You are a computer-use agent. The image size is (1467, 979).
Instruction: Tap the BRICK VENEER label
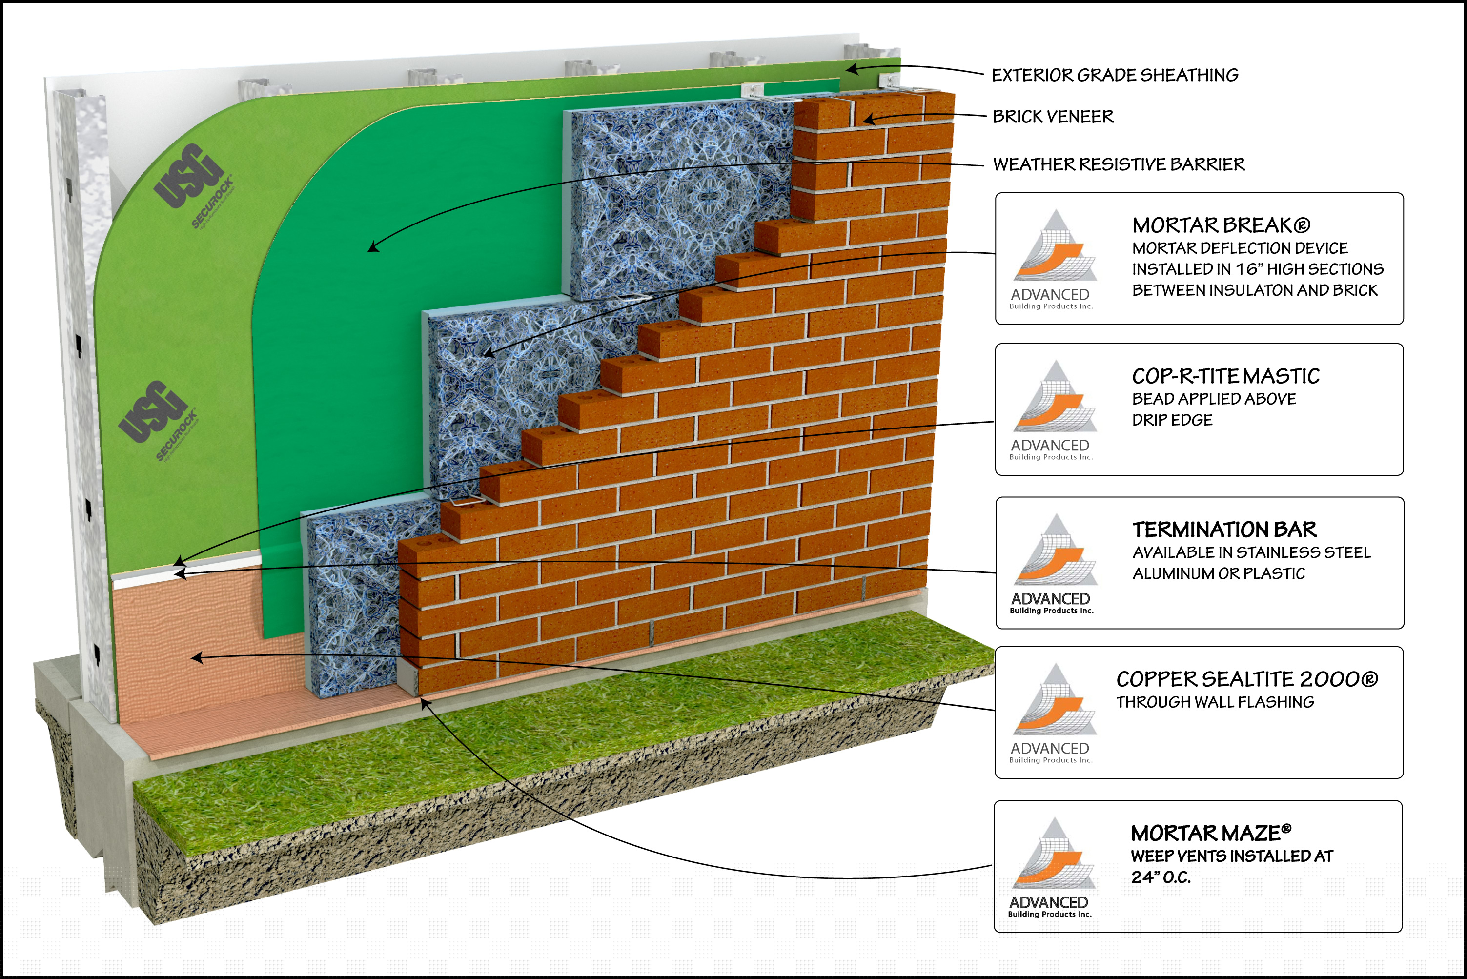point(1053,117)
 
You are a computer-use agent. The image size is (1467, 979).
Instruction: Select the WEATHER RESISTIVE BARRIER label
point(1119,164)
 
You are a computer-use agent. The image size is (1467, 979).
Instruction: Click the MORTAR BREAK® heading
point(1221,225)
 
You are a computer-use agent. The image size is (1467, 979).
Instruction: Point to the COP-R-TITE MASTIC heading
point(1225,376)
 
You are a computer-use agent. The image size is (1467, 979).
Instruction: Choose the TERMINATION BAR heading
point(1224,530)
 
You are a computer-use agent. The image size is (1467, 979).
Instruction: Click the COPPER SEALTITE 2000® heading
point(1246,679)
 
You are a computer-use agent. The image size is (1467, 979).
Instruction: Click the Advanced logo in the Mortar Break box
point(1053,259)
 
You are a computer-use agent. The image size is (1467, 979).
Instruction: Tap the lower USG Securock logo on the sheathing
point(158,418)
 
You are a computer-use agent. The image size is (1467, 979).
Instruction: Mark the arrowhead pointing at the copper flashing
point(197,657)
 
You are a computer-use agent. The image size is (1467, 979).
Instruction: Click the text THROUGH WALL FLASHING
point(1215,702)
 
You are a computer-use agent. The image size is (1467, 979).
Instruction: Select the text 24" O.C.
point(1161,877)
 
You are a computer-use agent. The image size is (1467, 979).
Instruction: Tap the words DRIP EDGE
point(1172,420)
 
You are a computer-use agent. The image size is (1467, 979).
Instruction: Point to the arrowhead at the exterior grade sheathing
point(852,69)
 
